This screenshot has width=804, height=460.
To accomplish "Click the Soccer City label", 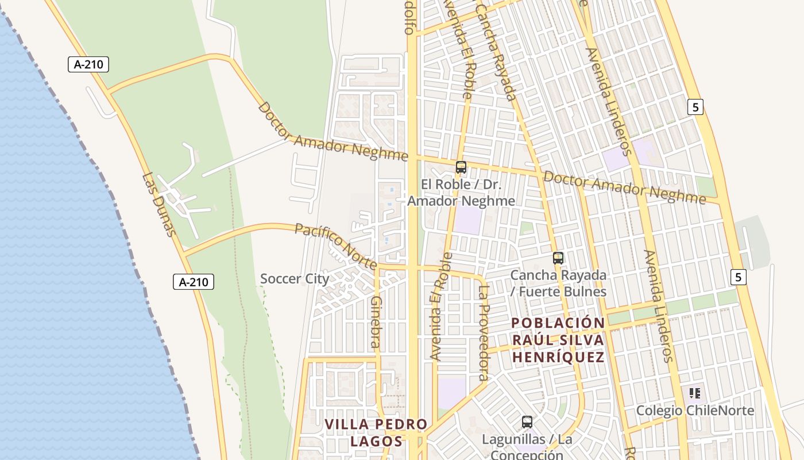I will pyautogui.click(x=295, y=279).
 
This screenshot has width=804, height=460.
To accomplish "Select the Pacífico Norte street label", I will pyautogui.click(x=335, y=246).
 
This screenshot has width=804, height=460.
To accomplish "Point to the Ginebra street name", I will pyautogui.click(x=376, y=322).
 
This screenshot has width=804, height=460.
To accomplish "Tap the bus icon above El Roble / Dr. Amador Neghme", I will pyautogui.click(x=461, y=167).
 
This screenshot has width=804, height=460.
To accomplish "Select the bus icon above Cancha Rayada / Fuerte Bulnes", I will pyautogui.click(x=558, y=258).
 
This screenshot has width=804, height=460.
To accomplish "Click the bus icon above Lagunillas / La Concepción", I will pyautogui.click(x=527, y=422).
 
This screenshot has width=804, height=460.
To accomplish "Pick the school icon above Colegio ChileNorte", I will pyautogui.click(x=695, y=394).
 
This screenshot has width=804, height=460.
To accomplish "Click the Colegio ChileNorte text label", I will pyautogui.click(x=694, y=411).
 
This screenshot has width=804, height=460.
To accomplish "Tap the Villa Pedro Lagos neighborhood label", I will pyautogui.click(x=376, y=433).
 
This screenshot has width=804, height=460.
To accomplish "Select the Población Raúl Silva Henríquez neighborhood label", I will pyautogui.click(x=558, y=340).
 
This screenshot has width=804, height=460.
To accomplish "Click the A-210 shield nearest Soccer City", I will pyautogui.click(x=194, y=282).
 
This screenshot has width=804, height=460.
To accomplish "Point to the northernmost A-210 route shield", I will pyautogui.click(x=88, y=64).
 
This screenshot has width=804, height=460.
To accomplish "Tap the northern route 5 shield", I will pyautogui.click(x=695, y=106).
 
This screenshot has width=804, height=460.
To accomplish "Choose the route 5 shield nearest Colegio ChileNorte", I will pyautogui.click(x=739, y=277).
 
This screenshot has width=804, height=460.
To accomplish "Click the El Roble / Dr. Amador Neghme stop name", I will pyautogui.click(x=461, y=193).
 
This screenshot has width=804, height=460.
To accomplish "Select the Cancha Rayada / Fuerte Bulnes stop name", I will pyautogui.click(x=558, y=283).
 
